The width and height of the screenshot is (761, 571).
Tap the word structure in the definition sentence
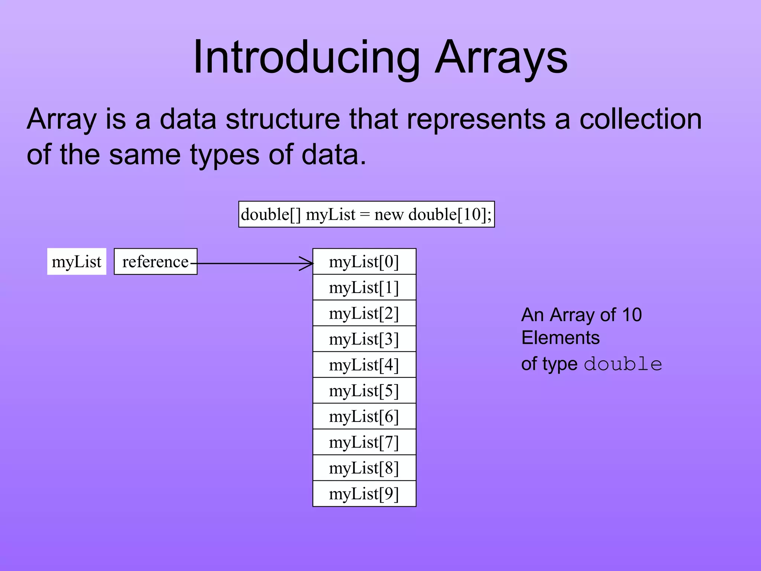pyautogui.click(x=282, y=120)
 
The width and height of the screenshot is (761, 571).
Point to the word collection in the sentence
pyautogui.click(x=640, y=120)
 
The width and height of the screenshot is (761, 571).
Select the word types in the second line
pyautogui.click(x=224, y=155)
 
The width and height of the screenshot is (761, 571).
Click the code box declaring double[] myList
pyautogui.click(x=366, y=214)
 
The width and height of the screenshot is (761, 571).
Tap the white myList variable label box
pyautogui.click(x=77, y=262)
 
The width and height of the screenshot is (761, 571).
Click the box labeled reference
pyautogui.click(x=155, y=262)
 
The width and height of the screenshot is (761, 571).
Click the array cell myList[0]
pyautogui.click(x=364, y=262)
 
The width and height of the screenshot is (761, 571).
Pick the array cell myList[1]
pyautogui.click(x=364, y=287)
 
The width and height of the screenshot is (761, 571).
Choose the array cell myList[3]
pyautogui.click(x=364, y=339)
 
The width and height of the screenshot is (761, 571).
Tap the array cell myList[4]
pyautogui.click(x=364, y=365)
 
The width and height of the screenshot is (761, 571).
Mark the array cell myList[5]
pyautogui.click(x=364, y=391)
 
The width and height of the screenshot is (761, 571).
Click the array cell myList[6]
pyautogui.click(x=364, y=416)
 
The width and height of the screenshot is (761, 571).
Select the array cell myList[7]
pyautogui.click(x=364, y=442)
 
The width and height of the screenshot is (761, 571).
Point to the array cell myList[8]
pyautogui.click(x=364, y=468)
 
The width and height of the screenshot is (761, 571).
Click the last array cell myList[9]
pyautogui.click(x=364, y=494)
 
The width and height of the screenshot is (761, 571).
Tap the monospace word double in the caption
pyautogui.click(x=623, y=364)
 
